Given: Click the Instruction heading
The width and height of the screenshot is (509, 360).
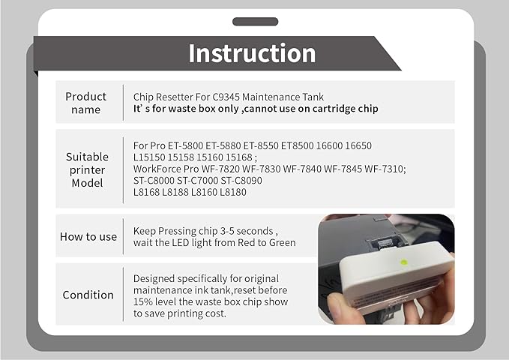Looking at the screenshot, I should pos(252,53).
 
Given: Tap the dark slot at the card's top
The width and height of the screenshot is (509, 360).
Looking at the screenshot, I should pos(254,21).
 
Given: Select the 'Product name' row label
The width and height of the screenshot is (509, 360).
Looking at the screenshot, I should pos(85,103).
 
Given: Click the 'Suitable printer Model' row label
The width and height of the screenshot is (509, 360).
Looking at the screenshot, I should pos(87,169).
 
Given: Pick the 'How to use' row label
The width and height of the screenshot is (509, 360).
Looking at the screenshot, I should pos(88,236).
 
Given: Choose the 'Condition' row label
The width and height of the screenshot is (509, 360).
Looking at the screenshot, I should pos(88,295).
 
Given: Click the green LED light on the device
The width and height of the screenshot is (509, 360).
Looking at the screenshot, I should pos(404,262).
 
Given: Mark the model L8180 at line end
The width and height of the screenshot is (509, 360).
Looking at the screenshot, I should pos(233,193).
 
